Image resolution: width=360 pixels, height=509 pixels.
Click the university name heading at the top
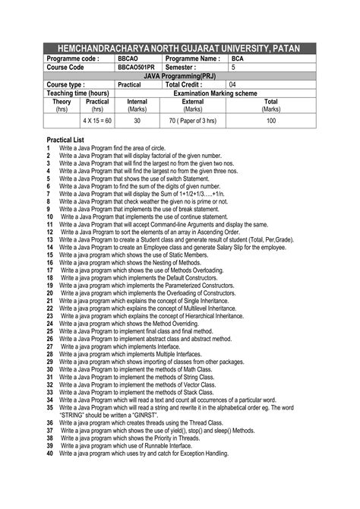pos(179,49)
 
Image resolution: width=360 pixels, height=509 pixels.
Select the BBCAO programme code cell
pos(128,58)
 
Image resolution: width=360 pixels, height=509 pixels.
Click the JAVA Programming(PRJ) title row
pos(179,76)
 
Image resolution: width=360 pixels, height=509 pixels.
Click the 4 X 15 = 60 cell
pos(97,121)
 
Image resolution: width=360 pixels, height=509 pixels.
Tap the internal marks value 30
pos(137,121)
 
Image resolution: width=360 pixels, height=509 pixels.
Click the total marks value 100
pos(271,121)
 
